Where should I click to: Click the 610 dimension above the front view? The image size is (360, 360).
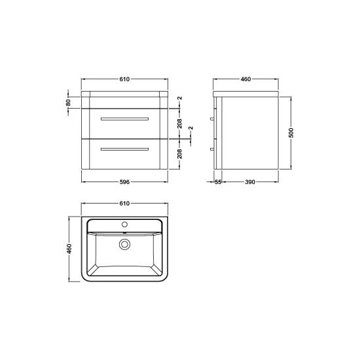(124, 79)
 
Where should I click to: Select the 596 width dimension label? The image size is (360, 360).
(124, 182)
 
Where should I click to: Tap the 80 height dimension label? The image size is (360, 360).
(68, 103)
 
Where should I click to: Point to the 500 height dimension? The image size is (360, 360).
(291, 133)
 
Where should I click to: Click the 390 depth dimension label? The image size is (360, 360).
(250, 182)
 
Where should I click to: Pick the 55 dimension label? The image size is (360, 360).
(218, 182)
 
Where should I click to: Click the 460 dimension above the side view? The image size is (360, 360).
(245, 79)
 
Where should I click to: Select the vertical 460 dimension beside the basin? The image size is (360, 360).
(69, 249)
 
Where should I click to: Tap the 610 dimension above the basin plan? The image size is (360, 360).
(124, 204)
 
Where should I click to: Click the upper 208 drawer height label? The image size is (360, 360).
(179, 124)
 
